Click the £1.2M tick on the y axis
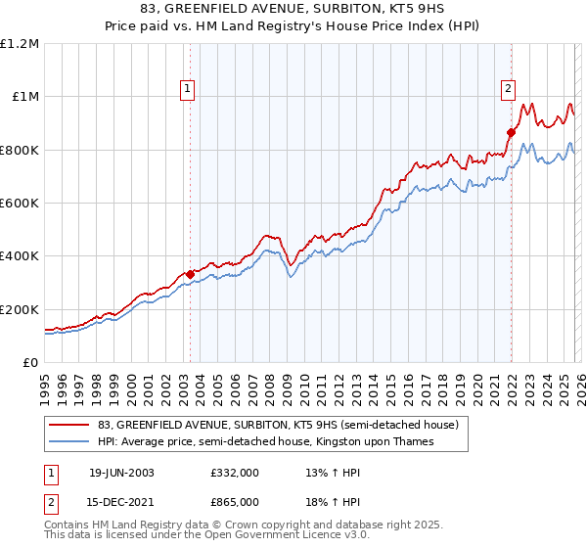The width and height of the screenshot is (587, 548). (x=20, y=43)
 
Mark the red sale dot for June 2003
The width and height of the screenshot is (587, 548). (x=190, y=274)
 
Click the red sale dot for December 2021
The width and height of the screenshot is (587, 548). (x=511, y=132)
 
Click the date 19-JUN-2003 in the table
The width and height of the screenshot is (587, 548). (x=121, y=472)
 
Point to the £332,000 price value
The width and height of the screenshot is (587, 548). (x=234, y=472)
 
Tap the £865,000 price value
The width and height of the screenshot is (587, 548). (x=234, y=500)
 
